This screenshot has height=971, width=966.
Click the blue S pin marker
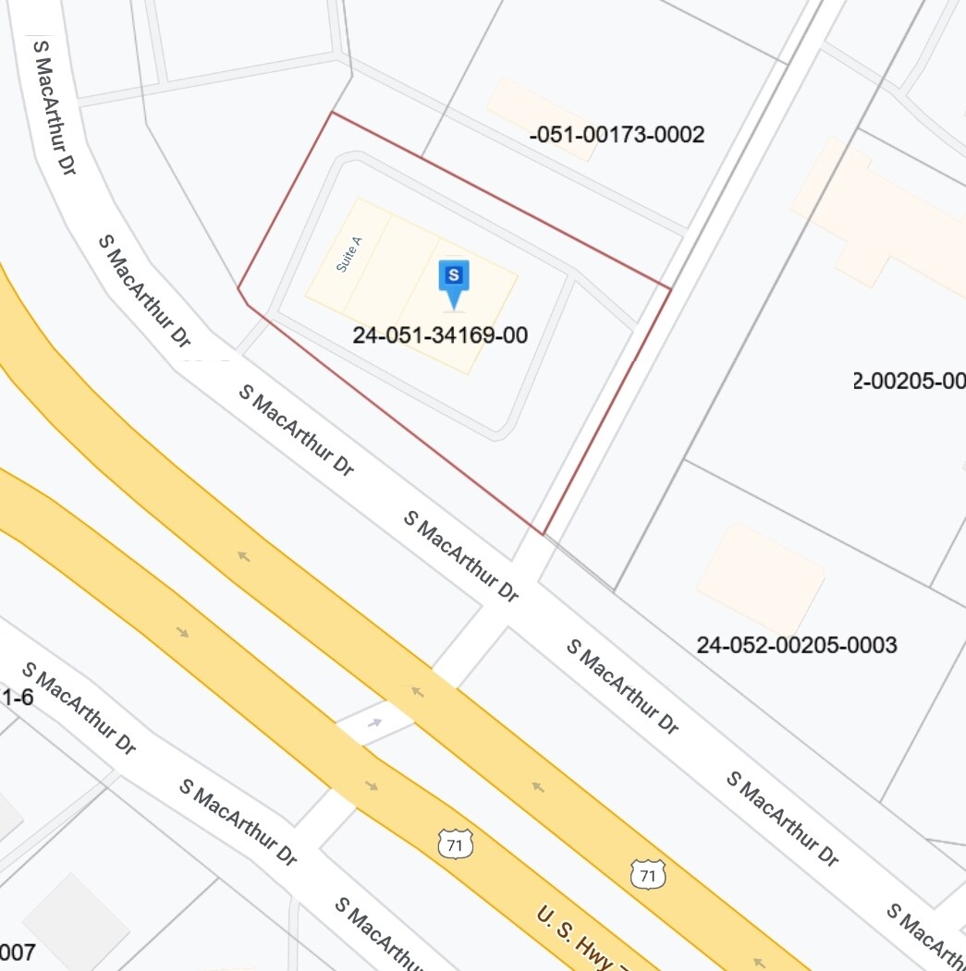(x=453, y=280)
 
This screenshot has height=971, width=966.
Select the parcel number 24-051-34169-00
(x=440, y=335)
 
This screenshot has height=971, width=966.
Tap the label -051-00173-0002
(x=617, y=135)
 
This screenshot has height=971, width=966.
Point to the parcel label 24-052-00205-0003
(x=796, y=645)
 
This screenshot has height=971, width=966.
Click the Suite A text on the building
(x=349, y=253)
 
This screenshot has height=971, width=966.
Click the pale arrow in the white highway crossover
(x=374, y=722)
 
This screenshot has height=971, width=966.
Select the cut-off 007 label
(x=18, y=952)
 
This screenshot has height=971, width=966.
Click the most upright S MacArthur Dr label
(x=55, y=106)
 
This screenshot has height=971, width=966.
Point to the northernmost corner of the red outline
(x=332, y=113)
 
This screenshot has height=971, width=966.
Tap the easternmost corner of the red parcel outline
(x=670, y=288)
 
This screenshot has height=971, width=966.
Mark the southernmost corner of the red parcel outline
(x=543, y=534)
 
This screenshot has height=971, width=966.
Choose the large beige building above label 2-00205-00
(x=878, y=222)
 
